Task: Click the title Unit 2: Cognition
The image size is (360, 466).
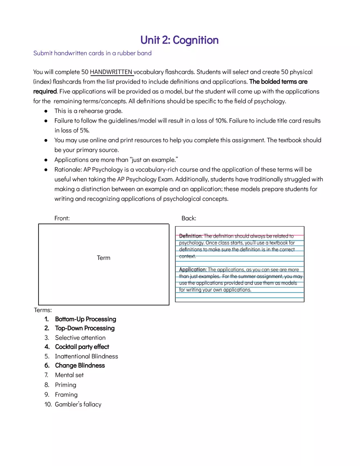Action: coord(179,40)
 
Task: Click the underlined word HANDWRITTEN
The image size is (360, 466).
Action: coord(111,72)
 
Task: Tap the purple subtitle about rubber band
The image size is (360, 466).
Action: coord(92,53)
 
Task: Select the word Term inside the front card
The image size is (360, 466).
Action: coord(103,258)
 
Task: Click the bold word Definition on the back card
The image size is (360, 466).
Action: coord(190,236)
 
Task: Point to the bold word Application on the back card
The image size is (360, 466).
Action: coord(192,270)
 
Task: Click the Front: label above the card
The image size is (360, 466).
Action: coord(62,218)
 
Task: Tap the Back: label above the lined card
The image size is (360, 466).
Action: coord(189,218)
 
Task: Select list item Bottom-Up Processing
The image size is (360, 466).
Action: coord(85,319)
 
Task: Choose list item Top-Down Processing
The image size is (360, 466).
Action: coord(85,328)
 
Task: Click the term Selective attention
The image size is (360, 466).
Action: coord(80,338)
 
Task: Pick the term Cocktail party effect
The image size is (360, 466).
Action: coord(82,347)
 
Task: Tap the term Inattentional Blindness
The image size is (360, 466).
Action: coord(86,356)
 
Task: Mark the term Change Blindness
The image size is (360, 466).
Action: coord(80,365)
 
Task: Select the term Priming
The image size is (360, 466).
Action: coord(65,385)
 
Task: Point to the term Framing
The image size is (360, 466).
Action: coord(66,395)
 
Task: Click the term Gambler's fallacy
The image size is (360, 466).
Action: coord(78,405)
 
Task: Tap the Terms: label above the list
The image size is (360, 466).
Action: coord(43,310)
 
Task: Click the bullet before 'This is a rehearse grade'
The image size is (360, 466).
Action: coord(46,111)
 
